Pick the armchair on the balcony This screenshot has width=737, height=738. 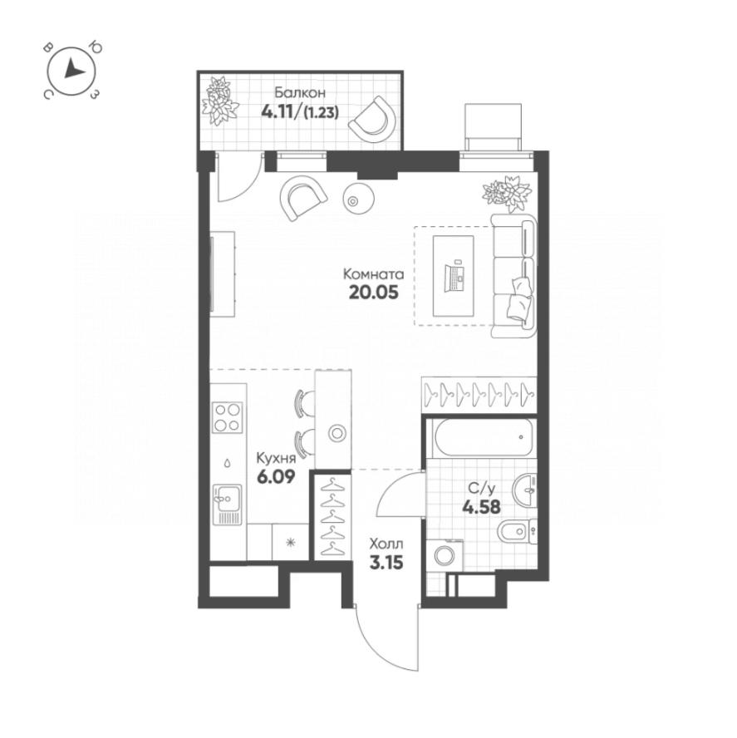pos(369,119)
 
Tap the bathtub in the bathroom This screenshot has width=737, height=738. pos(480,437)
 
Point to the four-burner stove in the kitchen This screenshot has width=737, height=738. pos(227,417)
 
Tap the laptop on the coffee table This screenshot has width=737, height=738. pos(454,276)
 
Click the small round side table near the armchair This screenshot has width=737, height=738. pos(356,199)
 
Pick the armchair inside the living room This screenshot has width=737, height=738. pos(302,198)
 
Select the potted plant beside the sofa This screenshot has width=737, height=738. pos(507,192)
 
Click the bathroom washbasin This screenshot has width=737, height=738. pos(525,490)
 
